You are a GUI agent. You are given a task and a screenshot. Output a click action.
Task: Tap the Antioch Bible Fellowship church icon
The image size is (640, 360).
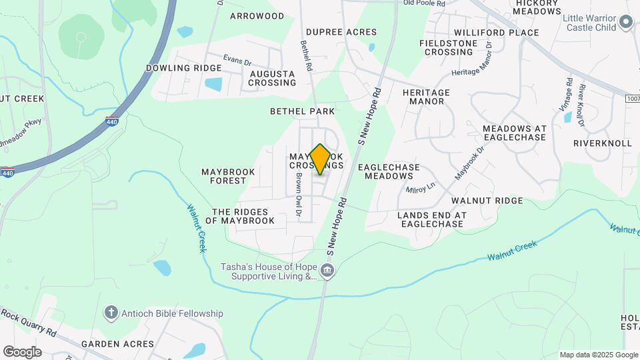111,313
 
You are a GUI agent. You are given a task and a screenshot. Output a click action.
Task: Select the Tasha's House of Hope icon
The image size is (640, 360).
327,271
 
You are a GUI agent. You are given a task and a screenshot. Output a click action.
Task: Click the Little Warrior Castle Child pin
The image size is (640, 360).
625,23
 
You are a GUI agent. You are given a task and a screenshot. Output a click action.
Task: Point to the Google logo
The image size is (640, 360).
21,351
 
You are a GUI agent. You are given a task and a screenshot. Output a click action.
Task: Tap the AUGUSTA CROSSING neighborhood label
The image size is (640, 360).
272,78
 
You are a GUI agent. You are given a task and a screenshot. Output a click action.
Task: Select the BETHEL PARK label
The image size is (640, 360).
302,111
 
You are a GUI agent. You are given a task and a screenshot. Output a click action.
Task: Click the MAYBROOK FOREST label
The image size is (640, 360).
229,176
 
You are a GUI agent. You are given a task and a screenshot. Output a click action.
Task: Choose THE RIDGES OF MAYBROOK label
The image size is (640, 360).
239,216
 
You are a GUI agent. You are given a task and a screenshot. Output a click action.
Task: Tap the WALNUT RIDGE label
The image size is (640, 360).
487,201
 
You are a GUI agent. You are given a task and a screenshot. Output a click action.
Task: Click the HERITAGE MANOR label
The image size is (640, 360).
426,97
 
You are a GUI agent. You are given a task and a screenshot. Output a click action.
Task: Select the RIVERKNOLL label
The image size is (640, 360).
601,143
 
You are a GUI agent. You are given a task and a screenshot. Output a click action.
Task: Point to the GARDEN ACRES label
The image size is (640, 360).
117,344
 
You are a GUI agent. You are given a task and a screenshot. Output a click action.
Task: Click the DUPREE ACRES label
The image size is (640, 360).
341,32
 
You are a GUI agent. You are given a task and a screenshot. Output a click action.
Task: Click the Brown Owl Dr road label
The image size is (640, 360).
299,194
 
